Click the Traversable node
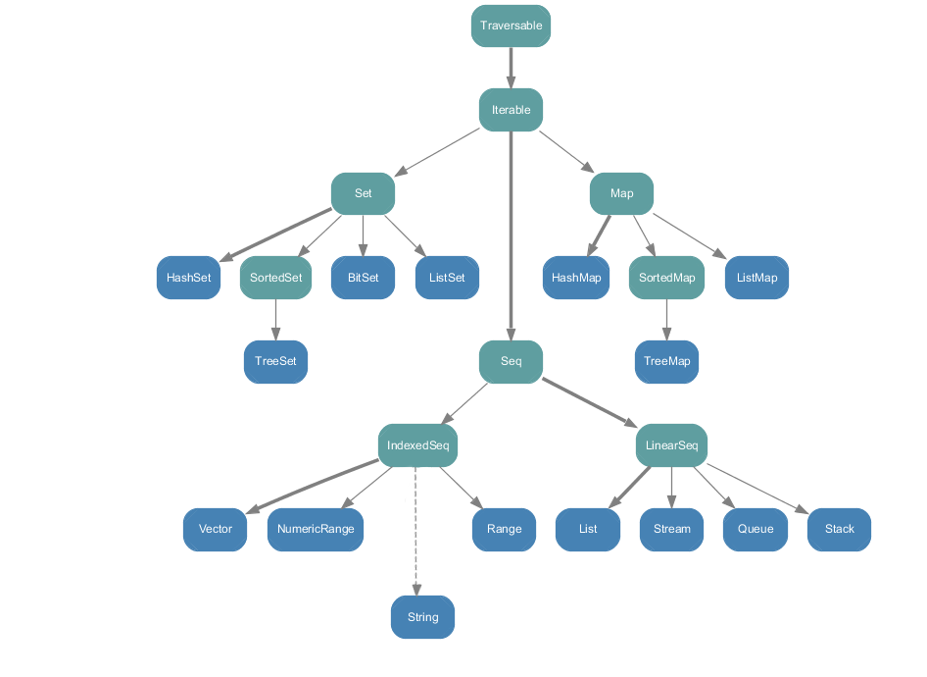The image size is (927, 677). (511, 26)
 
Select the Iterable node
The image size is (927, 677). (511, 110)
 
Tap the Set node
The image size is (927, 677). (363, 194)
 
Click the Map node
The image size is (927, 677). (621, 194)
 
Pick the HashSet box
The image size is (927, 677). (188, 278)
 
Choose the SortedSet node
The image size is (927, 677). (275, 278)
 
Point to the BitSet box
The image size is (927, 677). (363, 278)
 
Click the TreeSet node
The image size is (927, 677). (275, 361)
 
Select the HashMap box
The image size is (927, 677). (576, 278)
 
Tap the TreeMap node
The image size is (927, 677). (666, 361)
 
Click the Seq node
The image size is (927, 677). (511, 361)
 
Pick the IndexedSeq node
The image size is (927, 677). (417, 445)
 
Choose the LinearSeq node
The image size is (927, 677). (671, 445)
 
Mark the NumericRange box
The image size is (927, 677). (315, 529)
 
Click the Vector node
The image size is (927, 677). (216, 529)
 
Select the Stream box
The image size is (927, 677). (671, 529)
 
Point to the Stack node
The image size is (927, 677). (839, 529)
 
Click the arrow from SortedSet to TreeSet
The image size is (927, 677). (275, 319)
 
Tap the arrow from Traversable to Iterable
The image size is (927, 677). (511, 68)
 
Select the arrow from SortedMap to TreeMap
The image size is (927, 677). (666, 319)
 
